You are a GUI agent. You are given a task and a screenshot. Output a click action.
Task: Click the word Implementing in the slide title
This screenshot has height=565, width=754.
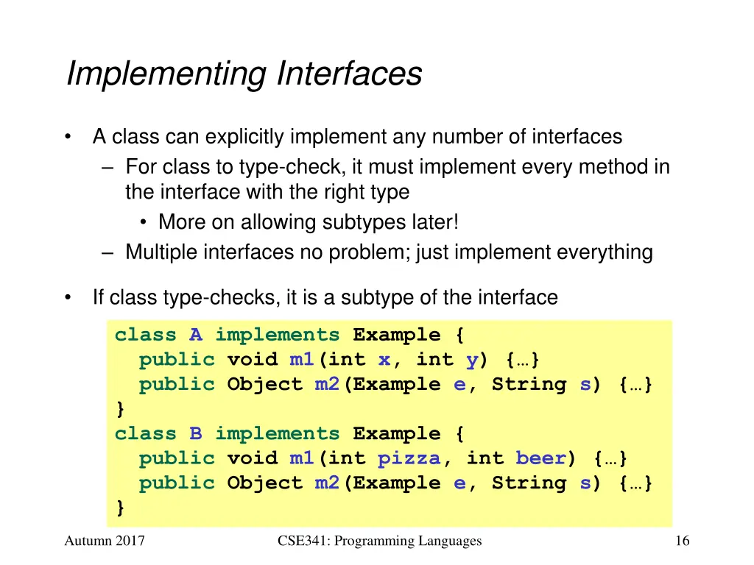pos(166,75)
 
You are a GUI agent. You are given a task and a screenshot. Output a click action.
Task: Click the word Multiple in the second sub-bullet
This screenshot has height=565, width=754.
pos(161,252)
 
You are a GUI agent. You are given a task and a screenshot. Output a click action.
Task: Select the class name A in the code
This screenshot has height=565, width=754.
pos(195,335)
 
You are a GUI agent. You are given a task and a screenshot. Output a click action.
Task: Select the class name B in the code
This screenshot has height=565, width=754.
pos(195,434)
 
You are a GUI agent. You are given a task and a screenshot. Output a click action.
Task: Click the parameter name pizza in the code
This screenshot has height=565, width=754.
pos(409,458)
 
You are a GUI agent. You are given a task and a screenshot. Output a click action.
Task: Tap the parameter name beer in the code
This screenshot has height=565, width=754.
pos(540,458)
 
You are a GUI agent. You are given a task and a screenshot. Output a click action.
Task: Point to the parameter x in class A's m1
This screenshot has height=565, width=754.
pos(384,360)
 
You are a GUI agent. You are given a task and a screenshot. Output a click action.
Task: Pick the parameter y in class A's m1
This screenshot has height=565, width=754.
pos(472,360)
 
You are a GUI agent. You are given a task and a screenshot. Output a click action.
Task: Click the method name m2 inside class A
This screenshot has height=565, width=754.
pos(327,385)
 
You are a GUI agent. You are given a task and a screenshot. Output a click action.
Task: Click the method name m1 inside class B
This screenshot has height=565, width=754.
pos(302,458)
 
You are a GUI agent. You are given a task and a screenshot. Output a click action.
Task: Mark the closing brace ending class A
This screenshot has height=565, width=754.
pos(120,408)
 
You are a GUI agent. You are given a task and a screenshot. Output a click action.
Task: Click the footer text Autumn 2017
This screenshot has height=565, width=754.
pos(105,541)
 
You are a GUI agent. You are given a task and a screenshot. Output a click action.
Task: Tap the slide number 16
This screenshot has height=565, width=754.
pos(682,541)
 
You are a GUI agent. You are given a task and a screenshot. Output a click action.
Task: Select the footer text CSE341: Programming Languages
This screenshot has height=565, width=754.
pos(380,541)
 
